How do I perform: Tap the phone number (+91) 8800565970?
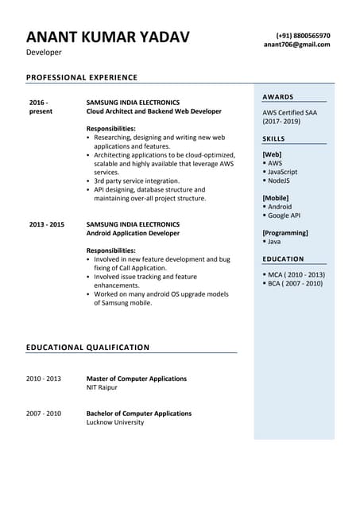(303, 36)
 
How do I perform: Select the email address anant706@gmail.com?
(296, 45)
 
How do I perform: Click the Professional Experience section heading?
(82, 77)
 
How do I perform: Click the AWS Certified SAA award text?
(289, 113)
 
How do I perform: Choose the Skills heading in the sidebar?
(273, 139)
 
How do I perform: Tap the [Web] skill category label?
(272, 154)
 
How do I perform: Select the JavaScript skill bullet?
(282, 172)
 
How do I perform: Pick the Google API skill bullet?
(284, 216)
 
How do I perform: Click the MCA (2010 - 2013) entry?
(295, 274)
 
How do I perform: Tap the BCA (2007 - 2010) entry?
(295, 283)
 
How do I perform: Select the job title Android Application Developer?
(133, 233)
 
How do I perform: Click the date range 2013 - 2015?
(46, 224)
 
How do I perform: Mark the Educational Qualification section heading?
(87, 348)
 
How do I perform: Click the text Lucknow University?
(115, 422)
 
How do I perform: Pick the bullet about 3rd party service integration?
(137, 181)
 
